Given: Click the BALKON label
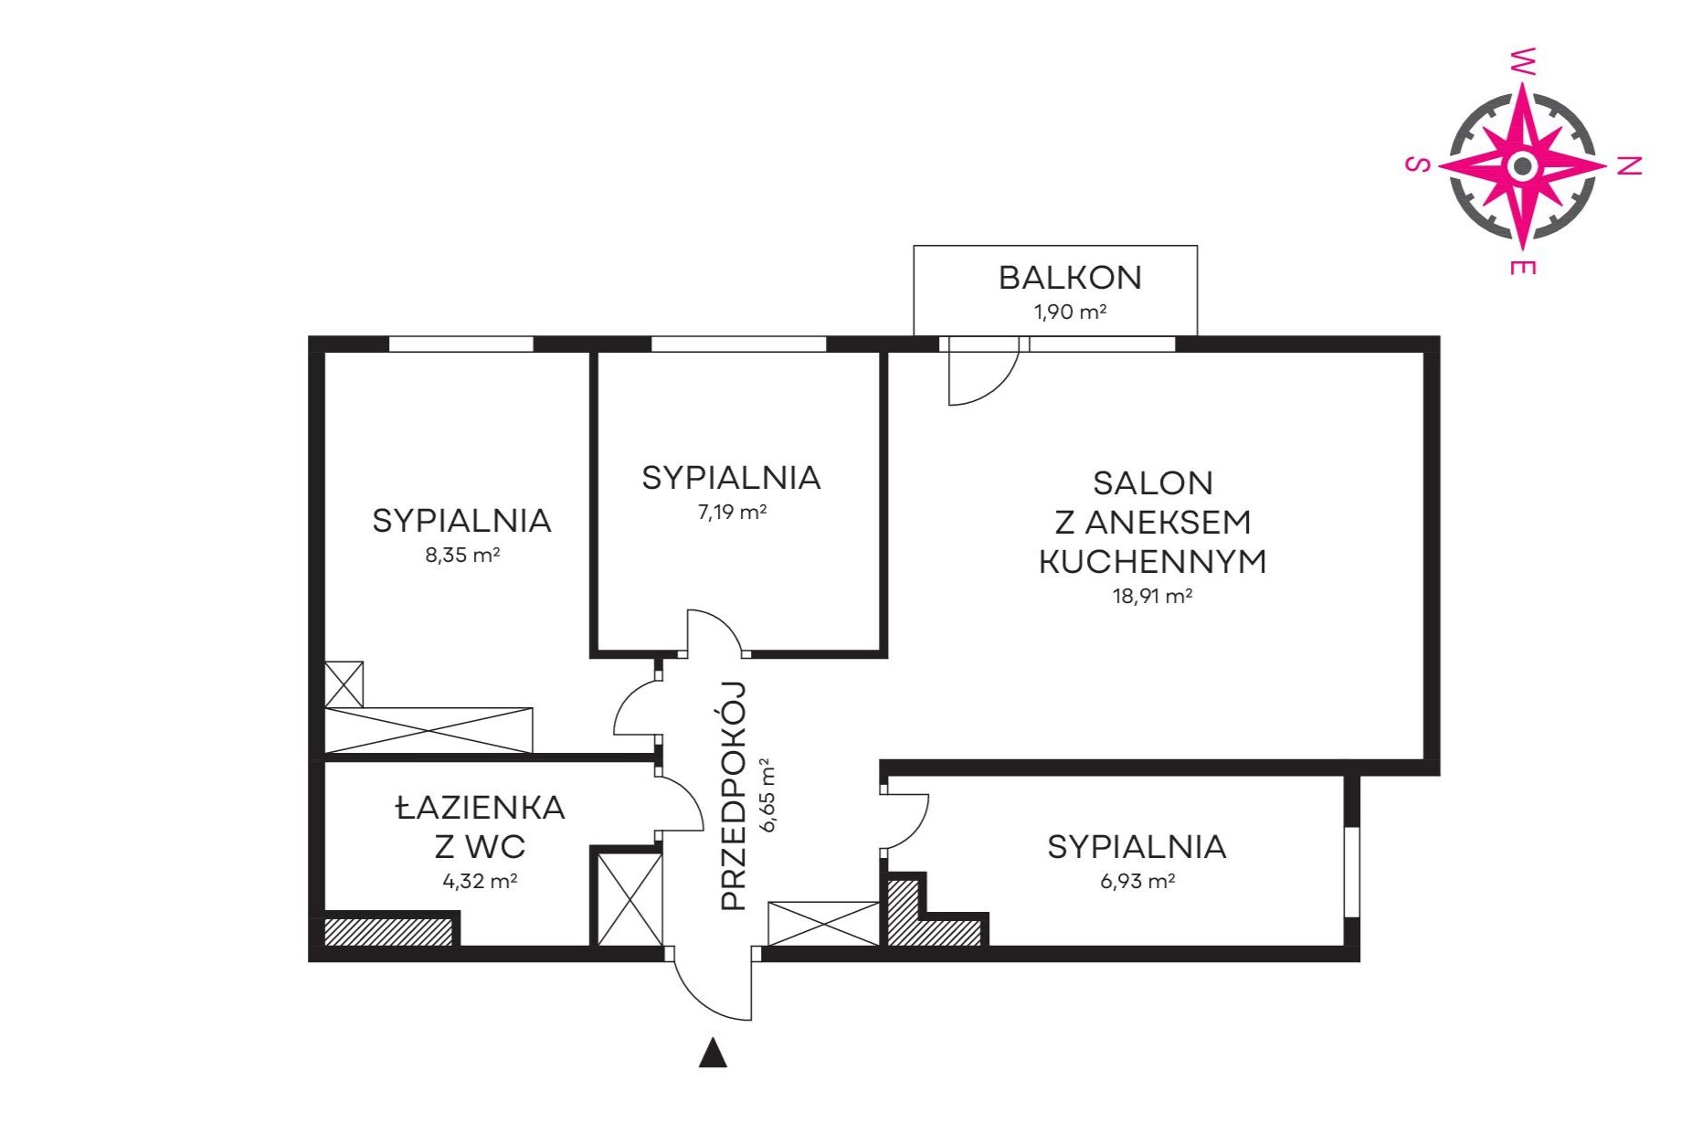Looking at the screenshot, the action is (1070, 278).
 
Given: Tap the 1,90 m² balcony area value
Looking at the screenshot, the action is (1070, 312).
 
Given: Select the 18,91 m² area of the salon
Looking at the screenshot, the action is (1152, 596).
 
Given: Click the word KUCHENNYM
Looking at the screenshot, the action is (1153, 561).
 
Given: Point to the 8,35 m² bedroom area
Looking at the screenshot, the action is (462, 555).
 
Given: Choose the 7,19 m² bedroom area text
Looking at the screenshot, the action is (732, 512).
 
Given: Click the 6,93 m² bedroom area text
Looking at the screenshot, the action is (1137, 881).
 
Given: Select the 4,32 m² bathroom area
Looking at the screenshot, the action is (480, 881).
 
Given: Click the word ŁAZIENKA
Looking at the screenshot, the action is (481, 808).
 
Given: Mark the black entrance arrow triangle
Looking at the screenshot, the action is (713, 1053).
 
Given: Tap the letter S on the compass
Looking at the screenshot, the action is (1417, 164).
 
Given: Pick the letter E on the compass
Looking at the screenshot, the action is (1522, 267).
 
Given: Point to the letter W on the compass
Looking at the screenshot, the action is (1522, 61).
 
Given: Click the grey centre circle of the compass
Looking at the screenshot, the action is (1522, 165).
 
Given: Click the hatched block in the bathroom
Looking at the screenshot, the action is (390, 931).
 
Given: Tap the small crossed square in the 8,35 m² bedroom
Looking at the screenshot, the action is (344, 684).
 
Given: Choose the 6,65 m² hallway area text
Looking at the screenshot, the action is (768, 795).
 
